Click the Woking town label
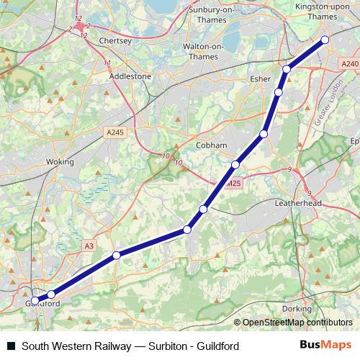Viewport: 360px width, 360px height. [59, 162]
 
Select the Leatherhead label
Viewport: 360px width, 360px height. [297, 204]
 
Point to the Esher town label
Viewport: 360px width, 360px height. [258, 78]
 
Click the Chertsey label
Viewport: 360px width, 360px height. [115, 41]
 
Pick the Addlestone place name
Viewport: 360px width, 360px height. [130, 76]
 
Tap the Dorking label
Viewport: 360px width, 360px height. [297, 308]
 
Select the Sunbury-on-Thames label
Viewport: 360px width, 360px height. [212, 14]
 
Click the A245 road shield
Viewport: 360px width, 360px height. [115, 132]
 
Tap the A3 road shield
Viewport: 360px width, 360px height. [89, 246]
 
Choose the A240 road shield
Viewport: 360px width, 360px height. [349, 64]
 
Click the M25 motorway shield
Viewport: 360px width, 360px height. [231, 184]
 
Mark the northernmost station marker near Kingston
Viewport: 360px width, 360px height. [325, 40]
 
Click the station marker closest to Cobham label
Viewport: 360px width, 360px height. [235, 165]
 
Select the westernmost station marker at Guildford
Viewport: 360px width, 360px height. [35, 300]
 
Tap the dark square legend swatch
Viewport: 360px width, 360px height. [10, 346]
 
